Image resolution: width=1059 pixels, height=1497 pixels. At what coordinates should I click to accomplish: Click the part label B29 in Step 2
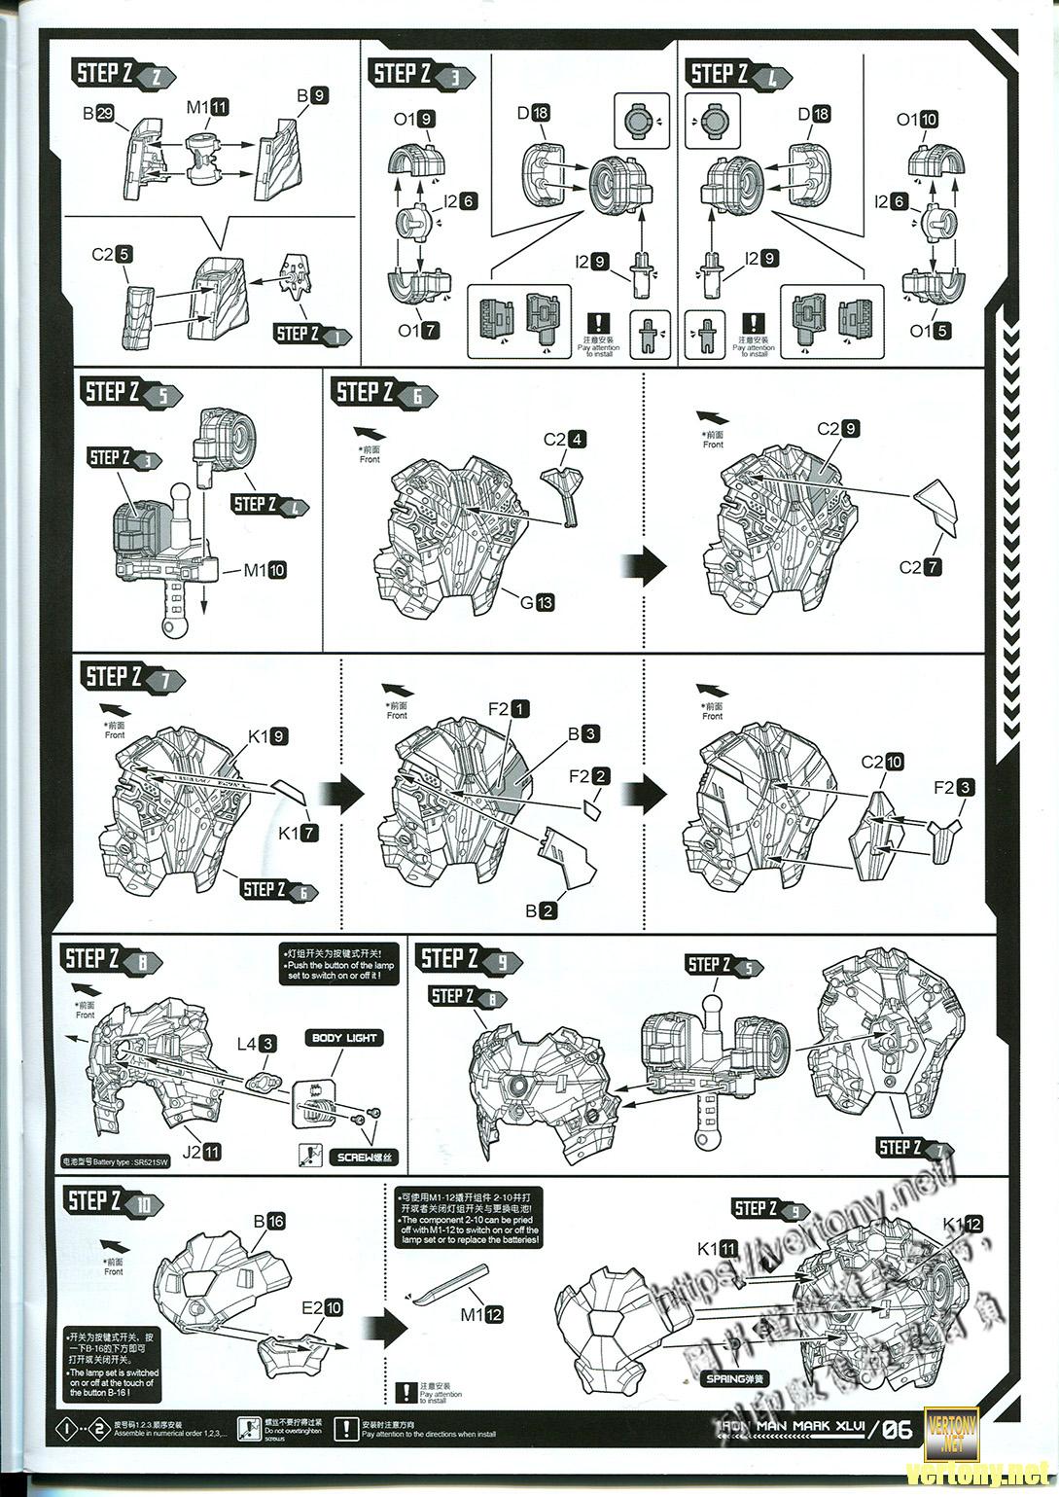point(98,114)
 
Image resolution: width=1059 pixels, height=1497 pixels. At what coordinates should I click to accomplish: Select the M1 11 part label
point(207,107)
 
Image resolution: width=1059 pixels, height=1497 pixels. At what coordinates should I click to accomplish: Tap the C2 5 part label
point(112,255)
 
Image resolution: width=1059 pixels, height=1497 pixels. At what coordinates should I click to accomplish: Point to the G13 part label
point(536,602)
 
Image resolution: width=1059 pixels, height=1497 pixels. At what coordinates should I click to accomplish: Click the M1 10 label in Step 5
point(265,570)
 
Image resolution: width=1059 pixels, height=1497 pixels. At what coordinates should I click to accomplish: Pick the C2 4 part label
point(564,439)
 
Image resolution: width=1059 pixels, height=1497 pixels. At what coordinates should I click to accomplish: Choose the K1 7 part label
point(298,833)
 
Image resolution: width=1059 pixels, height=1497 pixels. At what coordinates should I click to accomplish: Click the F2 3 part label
point(953,788)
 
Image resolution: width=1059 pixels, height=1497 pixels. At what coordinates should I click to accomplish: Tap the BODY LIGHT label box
point(345,1038)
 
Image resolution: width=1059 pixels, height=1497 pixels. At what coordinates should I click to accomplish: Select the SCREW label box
point(364,1158)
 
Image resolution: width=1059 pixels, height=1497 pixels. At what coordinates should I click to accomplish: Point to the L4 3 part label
point(257,1044)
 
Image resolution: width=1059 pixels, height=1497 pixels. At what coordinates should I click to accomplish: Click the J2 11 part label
point(200,1152)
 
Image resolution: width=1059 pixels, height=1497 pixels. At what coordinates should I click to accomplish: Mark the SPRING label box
point(736,1378)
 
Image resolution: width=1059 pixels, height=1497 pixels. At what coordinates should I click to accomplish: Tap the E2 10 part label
point(322,1308)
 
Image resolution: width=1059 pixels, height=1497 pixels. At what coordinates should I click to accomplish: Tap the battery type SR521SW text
point(107,1161)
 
